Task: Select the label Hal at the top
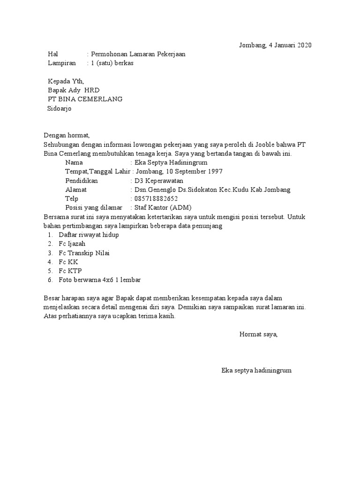tap(53, 54)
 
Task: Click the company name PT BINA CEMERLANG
tap(85, 99)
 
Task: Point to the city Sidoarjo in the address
tap(60, 108)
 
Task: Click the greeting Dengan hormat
tap(66, 135)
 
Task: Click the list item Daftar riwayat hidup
tap(89, 234)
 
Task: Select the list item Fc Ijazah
tap(72, 244)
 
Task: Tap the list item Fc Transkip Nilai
tap(84, 253)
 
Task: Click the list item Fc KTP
tap(69, 270)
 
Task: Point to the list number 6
tap(50, 280)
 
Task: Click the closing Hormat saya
tap(258, 334)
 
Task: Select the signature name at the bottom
tap(256, 370)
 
